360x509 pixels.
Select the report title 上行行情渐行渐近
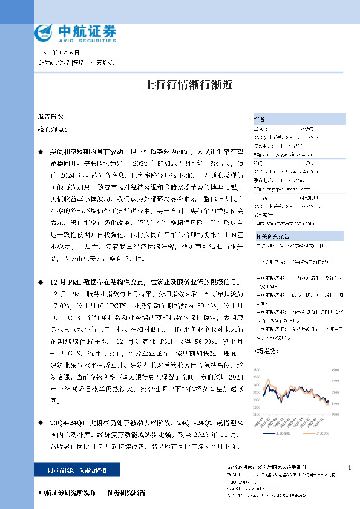180,85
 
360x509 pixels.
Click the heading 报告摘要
50,115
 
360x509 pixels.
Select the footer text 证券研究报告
127,493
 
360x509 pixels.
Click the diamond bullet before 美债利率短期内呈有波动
41,149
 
